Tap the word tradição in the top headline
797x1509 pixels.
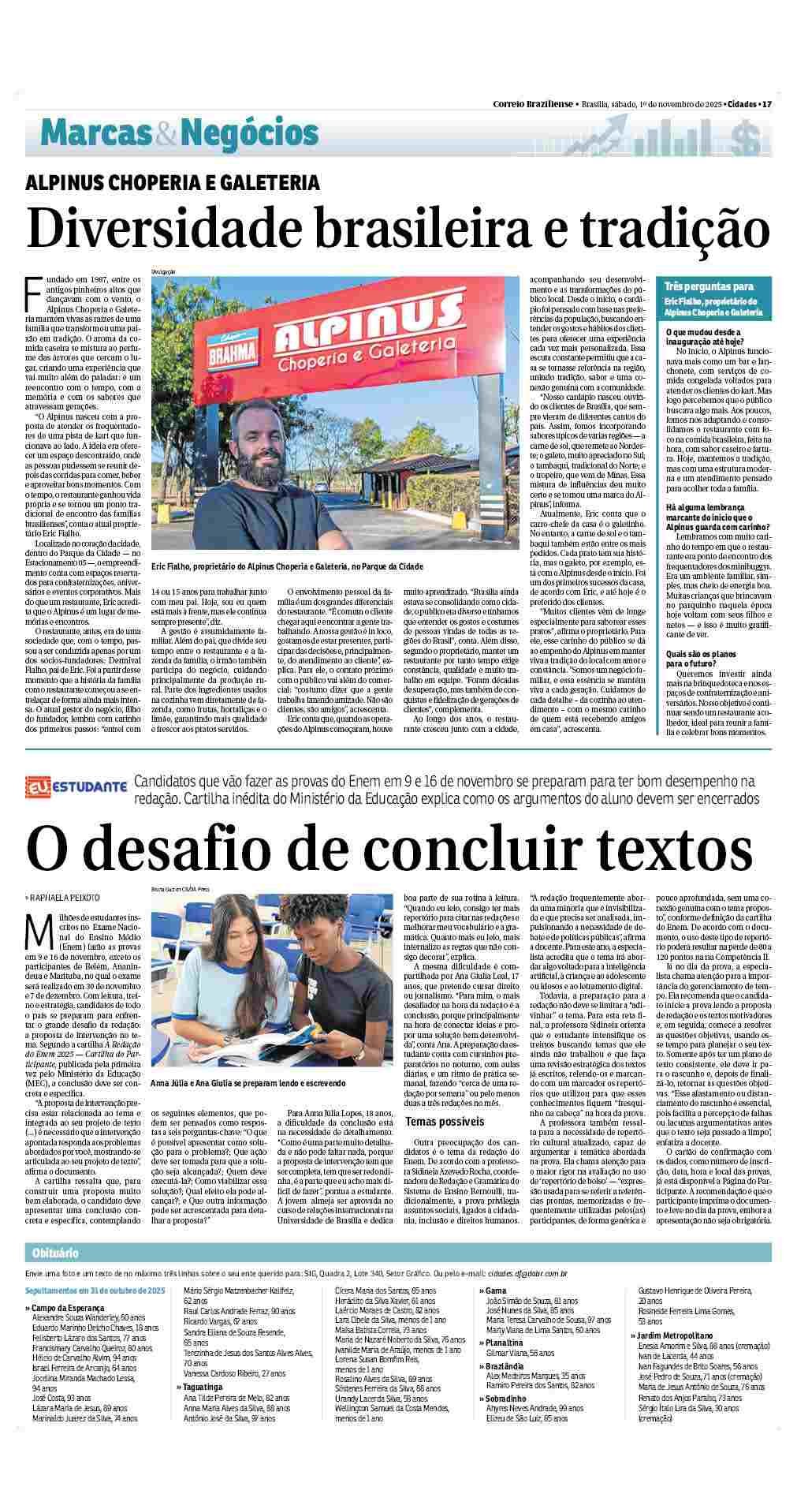(x=676, y=229)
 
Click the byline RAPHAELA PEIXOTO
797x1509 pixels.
(x=65, y=898)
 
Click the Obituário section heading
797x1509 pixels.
(x=55, y=1276)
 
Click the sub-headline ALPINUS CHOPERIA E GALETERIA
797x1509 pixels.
(x=173, y=183)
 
